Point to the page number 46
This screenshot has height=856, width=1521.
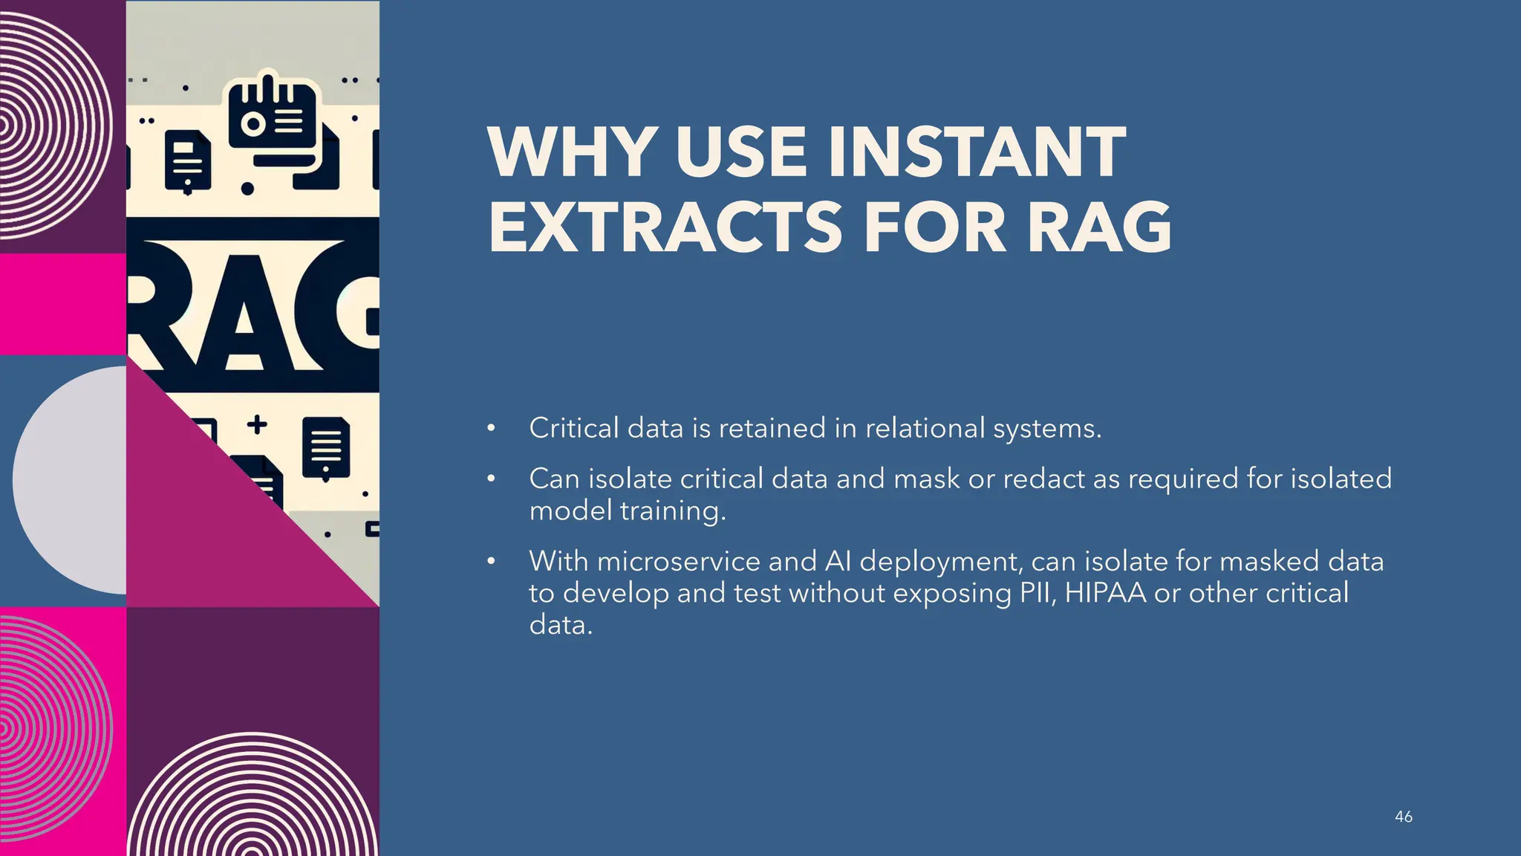[x=1403, y=817]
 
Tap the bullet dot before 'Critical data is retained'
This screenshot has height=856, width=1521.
[x=491, y=429]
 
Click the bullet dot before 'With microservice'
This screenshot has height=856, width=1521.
[x=491, y=562]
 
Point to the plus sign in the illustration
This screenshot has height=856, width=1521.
[x=257, y=425]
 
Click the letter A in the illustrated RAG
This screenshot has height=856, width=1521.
[x=243, y=320]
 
